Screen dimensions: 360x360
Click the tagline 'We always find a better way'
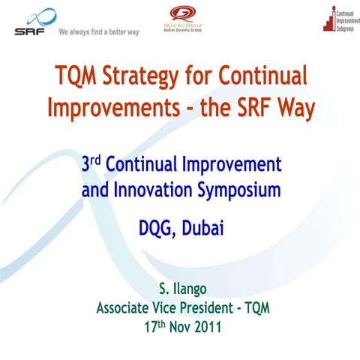click(x=99, y=32)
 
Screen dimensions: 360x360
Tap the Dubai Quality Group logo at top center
click(x=181, y=20)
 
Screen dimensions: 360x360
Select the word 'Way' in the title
click(x=298, y=108)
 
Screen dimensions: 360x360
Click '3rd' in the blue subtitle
click(x=94, y=164)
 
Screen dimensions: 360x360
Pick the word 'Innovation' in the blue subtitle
click(x=154, y=190)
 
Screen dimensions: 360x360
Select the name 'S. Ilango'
click(x=179, y=289)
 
